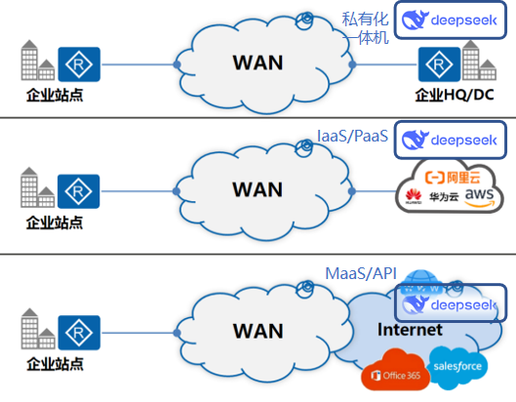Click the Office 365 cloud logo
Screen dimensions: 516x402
(x=396, y=371)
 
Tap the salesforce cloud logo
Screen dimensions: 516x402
(x=457, y=367)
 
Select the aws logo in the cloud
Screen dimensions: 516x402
(x=480, y=197)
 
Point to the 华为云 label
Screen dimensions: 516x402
(x=444, y=197)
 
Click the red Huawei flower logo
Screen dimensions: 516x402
(x=414, y=196)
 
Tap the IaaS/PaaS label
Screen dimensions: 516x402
(x=352, y=136)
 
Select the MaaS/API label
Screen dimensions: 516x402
(x=361, y=273)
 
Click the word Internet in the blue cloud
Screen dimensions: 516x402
(x=410, y=330)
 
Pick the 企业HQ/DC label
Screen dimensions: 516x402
(x=455, y=95)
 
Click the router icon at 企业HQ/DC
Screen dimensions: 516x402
(x=439, y=64)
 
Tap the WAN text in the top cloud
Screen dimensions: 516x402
(x=258, y=62)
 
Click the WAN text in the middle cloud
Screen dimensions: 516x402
(x=258, y=189)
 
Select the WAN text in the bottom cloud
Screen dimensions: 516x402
(x=258, y=331)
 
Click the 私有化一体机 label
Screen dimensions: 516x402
(x=365, y=28)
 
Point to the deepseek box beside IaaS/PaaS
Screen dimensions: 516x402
(x=451, y=140)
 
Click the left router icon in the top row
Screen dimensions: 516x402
(x=79, y=64)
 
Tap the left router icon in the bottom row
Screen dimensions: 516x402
(x=79, y=333)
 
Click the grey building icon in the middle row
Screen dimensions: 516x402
(x=37, y=187)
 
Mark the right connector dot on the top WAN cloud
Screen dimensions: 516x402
(x=352, y=64)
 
